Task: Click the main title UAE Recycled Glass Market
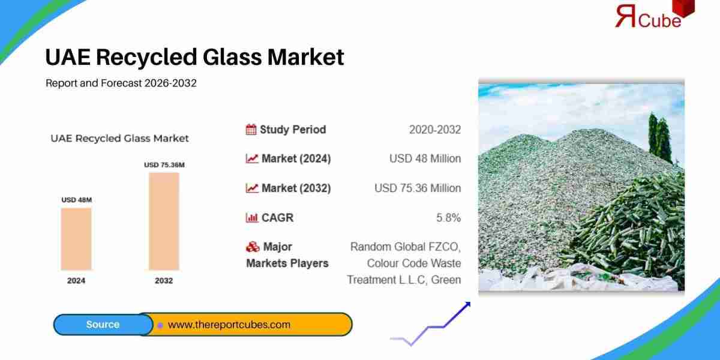(194, 57)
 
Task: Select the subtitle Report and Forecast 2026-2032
(121, 83)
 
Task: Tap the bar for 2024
(76, 238)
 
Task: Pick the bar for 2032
(164, 221)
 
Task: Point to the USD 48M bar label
(76, 200)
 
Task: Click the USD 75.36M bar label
(164, 164)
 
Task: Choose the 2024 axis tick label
(76, 280)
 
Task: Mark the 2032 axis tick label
(164, 280)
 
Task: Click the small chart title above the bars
(119, 139)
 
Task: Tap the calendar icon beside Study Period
(251, 130)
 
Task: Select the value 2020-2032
(434, 130)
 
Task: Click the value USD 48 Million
(425, 159)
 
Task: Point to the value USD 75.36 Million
(418, 188)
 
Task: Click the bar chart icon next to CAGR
(251, 218)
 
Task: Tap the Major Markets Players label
(287, 255)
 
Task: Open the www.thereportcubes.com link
(229, 325)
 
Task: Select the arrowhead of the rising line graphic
(466, 305)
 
